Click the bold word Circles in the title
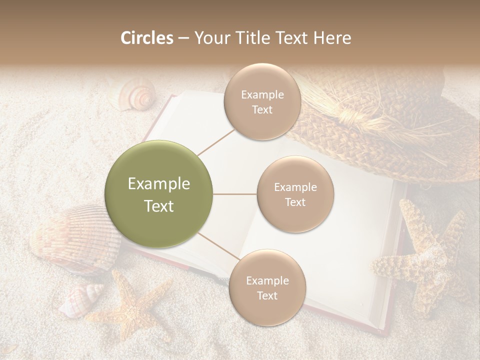click(x=147, y=38)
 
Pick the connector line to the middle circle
click(x=235, y=194)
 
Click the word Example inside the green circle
click(x=159, y=184)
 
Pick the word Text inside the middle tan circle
click(x=295, y=202)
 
